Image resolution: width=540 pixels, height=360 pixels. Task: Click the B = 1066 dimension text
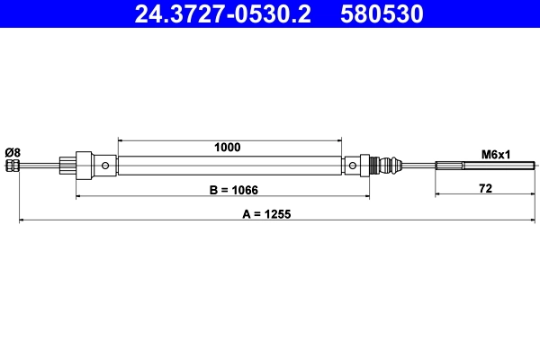222,191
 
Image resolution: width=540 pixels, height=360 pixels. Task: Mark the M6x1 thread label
495,154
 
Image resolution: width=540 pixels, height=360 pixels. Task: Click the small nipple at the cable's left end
12,166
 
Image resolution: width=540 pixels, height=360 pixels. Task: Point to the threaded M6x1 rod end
486,166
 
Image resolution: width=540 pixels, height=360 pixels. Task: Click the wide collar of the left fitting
84,166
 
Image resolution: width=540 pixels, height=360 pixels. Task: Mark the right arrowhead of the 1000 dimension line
339,139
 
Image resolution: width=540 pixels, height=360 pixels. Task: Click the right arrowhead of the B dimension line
366,195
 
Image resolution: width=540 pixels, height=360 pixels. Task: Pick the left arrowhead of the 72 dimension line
438,195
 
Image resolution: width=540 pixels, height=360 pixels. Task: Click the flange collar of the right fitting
365,166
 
